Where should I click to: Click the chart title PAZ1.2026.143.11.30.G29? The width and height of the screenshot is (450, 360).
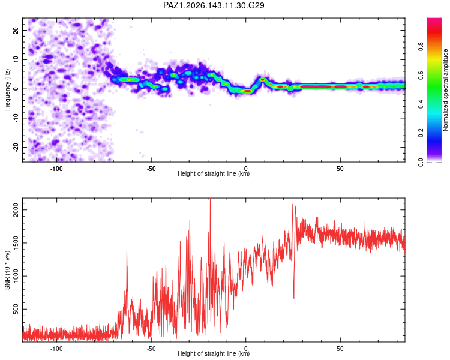(x=214, y=5)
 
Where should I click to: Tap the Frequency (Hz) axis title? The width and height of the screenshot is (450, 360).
(x=7, y=90)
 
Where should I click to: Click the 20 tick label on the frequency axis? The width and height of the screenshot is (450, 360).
(x=16, y=30)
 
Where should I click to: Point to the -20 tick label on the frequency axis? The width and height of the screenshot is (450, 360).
(x=16, y=147)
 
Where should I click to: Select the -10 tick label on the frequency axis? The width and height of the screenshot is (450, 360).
(x=16, y=118)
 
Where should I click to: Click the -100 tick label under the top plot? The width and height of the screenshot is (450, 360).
(x=56, y=169)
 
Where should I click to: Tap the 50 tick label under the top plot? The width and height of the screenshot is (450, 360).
(x=340, y=169)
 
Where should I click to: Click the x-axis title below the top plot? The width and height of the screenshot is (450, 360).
(x=214, y=173)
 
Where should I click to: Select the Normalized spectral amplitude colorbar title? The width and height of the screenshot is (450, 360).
(x=445, y=90)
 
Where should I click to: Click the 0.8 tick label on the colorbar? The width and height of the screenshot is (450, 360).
(x=421, y=46)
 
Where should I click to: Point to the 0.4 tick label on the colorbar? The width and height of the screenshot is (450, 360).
(x=421, y=104)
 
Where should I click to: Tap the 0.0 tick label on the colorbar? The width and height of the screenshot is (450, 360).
(x=421, y=162)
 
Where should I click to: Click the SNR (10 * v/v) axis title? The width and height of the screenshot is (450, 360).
(x=7, y=270)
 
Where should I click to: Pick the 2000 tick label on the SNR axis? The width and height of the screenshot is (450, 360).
(x=16, y=209)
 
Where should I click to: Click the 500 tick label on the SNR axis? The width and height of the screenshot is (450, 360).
(x=16, y=309)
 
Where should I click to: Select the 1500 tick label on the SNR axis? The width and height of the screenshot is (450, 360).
(x=16, y=243)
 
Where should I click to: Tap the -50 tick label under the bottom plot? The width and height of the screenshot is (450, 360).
(x=151, y=349)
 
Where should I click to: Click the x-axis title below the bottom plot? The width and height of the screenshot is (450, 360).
(x=214, y=353)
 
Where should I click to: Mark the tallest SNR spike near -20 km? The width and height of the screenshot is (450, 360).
(x=211, y=199)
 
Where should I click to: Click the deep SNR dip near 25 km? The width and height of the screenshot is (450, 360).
(x=294, y=298)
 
